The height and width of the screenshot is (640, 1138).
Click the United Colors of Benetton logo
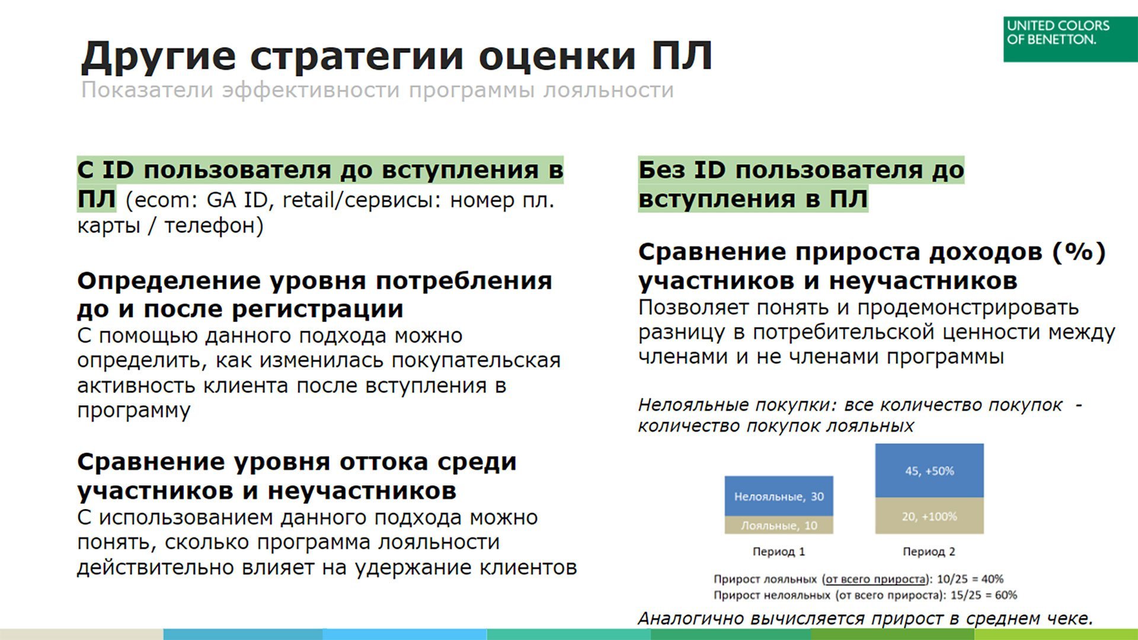tap(1070, 39)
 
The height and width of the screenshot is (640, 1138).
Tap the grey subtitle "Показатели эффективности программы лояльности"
tap(378, 90)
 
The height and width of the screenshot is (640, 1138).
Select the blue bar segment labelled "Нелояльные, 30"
tap(779, 496)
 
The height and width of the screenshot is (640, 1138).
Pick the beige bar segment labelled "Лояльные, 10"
tap(779, 525)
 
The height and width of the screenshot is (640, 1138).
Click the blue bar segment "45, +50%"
tap(929, 471)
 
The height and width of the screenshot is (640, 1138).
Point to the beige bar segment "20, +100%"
tap(929, 516)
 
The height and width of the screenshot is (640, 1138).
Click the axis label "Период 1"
tap(779, 552)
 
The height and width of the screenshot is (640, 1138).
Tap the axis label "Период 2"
tap(929, 552)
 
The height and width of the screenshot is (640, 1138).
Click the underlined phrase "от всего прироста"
tap(875, 580)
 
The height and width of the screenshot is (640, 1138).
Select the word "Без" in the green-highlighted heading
tap(661, 170)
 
